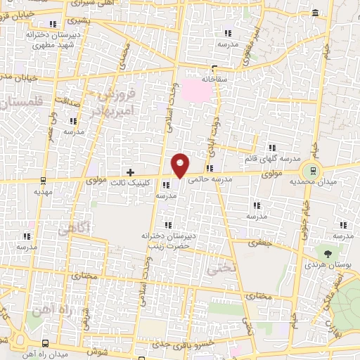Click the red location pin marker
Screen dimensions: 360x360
point(181,164)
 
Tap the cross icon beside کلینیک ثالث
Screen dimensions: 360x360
point(130,172)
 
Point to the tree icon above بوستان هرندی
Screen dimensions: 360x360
point(328,252)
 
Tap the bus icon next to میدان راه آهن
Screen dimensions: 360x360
point(46,343)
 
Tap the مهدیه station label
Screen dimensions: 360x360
point(44,191)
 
